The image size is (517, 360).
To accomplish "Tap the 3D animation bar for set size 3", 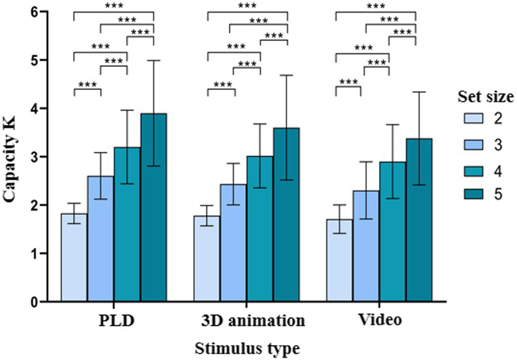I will pyautogui.click(x=234, y=243).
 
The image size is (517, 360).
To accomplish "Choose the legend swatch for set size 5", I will pyautogui.click(x=473, y=193).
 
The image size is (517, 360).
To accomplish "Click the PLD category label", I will pyautogui.click(x=114, y=321).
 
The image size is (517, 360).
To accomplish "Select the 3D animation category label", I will pyautogui.click(x=247, y=321).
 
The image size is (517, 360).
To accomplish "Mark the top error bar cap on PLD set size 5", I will pyautogui.click(x=154, y=60).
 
